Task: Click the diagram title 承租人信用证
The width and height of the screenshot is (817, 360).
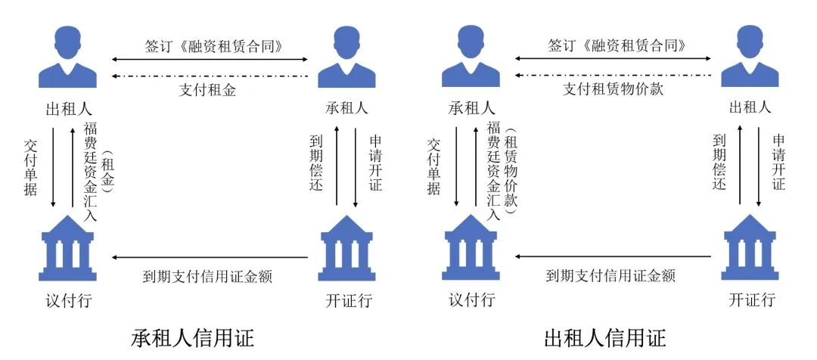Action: click(192, 337)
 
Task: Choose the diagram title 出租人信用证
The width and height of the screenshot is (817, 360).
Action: click(605, 337)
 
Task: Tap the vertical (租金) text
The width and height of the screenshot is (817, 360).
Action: click(106, 172)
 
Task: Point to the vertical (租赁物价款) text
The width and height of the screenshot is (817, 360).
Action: click(509, 172)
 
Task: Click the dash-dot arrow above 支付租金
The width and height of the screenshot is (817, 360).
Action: click(210, 76)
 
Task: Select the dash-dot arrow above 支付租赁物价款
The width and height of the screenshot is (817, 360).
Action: click(613, 76)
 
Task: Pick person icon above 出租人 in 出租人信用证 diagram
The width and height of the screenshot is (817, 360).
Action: click(749, 57)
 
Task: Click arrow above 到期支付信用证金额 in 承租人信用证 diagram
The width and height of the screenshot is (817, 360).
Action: click(210, 258)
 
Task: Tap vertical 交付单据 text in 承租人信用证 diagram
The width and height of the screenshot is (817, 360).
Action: click(30, 166)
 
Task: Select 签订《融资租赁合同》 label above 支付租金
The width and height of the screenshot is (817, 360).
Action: click(210, 45)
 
